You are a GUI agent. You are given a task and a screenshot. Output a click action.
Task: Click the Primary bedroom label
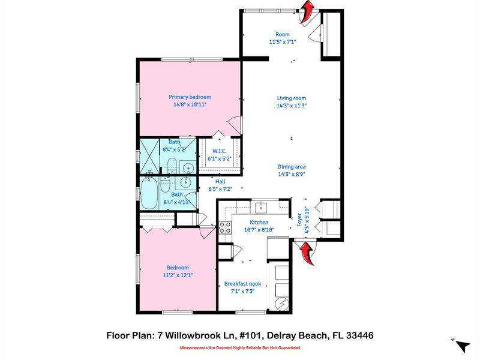click(x=190, y=97)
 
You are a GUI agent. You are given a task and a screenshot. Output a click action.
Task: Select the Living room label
click(x=292, y=98)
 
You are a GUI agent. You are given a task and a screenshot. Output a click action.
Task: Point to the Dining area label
click(x=292, y=167)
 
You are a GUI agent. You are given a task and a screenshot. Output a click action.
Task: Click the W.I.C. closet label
click(x=219, y=151)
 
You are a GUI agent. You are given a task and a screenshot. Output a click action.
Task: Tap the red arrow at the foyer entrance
click(x=308, y=251)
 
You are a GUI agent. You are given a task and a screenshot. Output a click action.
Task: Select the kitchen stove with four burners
click(x=224, y=227)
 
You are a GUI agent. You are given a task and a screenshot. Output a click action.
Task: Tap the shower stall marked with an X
click(x=150, y=155)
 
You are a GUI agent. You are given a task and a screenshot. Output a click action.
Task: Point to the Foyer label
click(x=299, y=220)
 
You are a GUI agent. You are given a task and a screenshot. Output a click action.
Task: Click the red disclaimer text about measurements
click(x=240, y=348)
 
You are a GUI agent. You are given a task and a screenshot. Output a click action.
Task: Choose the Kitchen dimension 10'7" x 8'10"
click(x=259, y=229)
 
